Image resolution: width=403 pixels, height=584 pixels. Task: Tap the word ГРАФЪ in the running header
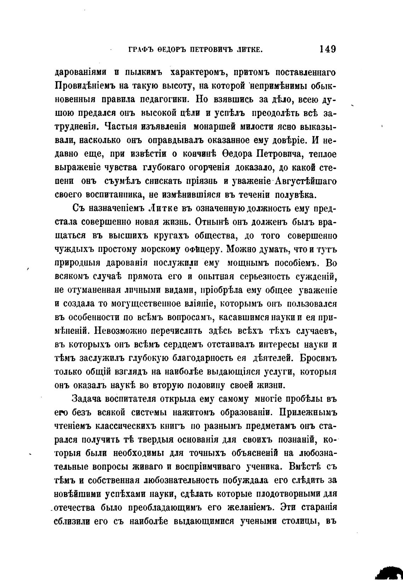pos(141,50)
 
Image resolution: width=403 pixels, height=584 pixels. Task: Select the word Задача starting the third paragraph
pos(88,399)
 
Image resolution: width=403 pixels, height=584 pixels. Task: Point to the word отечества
pos(74,508)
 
